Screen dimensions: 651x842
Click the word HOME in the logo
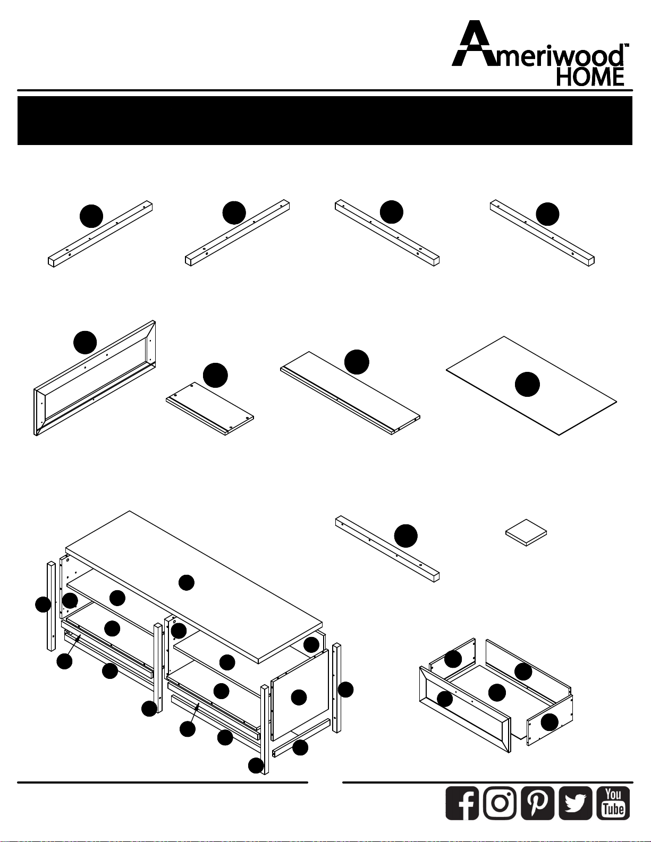pyautogui.click(x=590, y=76)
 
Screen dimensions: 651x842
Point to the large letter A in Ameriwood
pyautogui.click(x=477, y=44)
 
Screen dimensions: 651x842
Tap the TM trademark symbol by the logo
pyautogui.click(x=626, y=45)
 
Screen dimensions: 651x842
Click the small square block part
pyautogui.click(x=526, y=532)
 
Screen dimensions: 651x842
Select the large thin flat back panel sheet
pyautogui.click(x=531, y=386)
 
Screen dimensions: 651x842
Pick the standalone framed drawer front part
pyautogui.click(x=95, y=378)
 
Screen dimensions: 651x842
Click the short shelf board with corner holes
pyautogui.click(x=210, y=409)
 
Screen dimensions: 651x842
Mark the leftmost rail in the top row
pyautogui.click(x=100, y=234)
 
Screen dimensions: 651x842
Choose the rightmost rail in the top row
pyautogui.click(x=543, y=233)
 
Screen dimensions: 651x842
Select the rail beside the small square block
pyautogui.click(x=387, y=549)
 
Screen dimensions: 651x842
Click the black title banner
pyautogui.click(x=325, y=121)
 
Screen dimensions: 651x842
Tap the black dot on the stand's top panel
pyautogui.click(x=187, y=583)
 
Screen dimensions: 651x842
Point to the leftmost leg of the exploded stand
pyautogui.click(x=51, y=607)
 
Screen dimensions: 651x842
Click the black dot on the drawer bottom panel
pyautogui.click(x=497, y=692)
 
